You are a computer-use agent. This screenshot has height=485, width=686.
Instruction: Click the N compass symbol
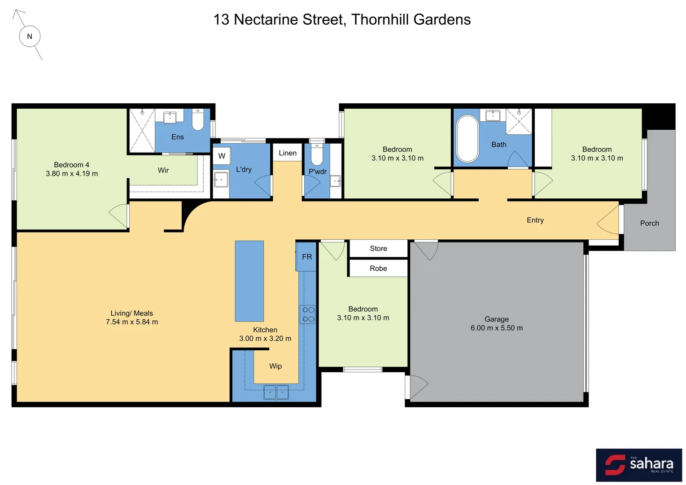(30, 36)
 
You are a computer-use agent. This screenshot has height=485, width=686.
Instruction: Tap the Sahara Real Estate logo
(639, 465)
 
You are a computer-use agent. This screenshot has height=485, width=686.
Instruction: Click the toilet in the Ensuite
(198, 120)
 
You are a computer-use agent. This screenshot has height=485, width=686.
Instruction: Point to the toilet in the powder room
(317, 155)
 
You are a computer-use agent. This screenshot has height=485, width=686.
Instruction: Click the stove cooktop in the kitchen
(308, 314)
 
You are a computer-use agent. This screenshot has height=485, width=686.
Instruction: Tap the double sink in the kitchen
(276, 392)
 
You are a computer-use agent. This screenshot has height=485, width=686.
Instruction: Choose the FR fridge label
(307, 257)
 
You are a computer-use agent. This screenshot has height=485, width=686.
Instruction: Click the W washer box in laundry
(222, 156)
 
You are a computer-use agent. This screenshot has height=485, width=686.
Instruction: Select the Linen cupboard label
(288, 153)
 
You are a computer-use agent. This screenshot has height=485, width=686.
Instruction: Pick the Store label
(378, 248)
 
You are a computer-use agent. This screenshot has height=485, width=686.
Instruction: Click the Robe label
(378, 269)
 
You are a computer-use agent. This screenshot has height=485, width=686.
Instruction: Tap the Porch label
(649, 223)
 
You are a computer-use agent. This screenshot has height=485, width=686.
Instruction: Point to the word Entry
(535, 220)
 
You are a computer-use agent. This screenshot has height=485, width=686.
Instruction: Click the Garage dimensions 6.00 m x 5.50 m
(496, 328)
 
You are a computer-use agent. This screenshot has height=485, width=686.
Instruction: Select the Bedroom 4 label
(71, 165)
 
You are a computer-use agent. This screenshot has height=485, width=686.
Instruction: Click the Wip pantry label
(275, 366)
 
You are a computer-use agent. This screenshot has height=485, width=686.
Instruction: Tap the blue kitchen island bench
(249, 281)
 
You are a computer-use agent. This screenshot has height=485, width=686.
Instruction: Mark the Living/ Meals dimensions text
(132, 322)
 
